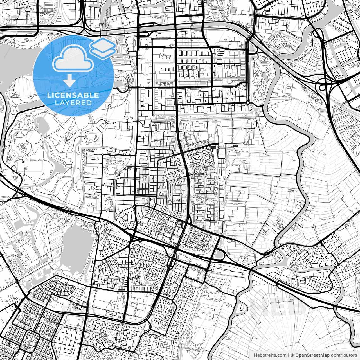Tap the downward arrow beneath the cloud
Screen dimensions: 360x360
click(69, 81)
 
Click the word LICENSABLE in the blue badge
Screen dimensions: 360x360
click(73, 95)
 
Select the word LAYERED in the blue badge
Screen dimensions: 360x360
click(73, 103)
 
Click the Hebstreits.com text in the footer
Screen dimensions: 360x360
click(270, 355)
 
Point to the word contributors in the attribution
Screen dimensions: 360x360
click(344, 355)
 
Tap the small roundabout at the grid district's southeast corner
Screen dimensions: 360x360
click(247, 103)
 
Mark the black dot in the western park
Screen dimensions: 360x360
click(23, 162)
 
